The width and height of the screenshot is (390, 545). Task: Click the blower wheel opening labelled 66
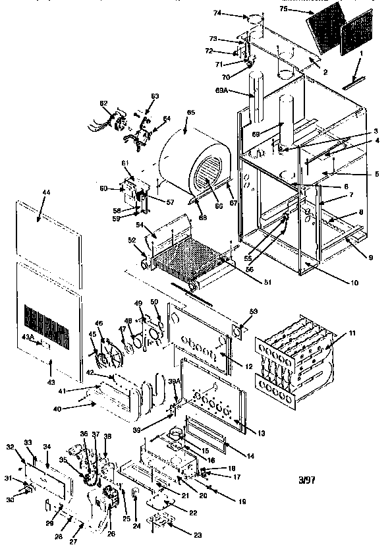tap(205, 177)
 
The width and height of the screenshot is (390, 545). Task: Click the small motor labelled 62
tap(119, 123)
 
